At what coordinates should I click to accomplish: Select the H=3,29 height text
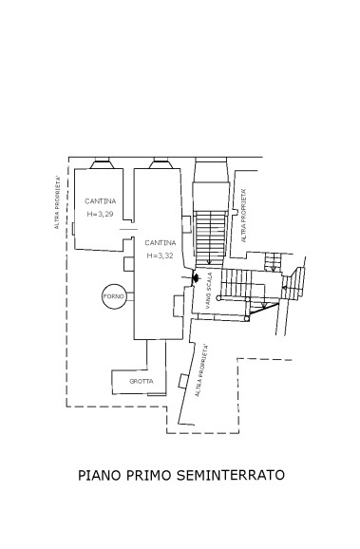tap(100, 215)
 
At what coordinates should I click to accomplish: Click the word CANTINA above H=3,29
tap(100, 201)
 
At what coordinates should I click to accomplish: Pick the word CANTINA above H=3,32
tap(160, 242)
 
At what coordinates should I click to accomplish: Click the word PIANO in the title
tap(99, 474)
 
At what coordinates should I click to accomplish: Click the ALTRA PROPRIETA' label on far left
tap(57, 202)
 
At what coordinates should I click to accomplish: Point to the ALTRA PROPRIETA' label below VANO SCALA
tap(201, 370)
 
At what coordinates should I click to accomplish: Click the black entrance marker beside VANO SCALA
tap(196, 277)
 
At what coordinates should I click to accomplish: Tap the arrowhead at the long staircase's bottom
tap(208, 264)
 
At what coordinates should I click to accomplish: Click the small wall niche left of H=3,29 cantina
tap(73, 227)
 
